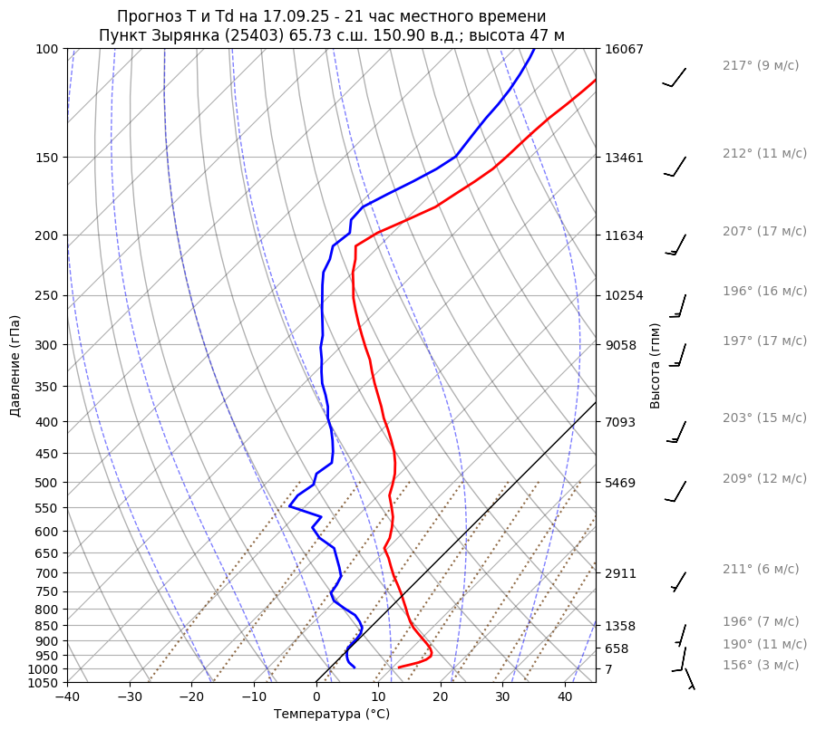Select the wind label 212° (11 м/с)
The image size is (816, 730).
764,153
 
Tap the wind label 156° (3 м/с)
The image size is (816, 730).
761,665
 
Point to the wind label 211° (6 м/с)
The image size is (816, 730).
761,569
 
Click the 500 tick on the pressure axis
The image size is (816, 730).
50,482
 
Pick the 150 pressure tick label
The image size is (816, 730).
50,158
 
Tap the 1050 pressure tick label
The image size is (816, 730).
46,683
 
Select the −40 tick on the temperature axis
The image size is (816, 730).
67,697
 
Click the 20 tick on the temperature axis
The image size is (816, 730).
441,697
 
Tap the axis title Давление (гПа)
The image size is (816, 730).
15,366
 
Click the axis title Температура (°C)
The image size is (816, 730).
332,715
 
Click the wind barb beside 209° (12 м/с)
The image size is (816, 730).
676,491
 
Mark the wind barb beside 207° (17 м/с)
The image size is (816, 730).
676,245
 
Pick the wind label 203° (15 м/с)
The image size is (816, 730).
764,418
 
